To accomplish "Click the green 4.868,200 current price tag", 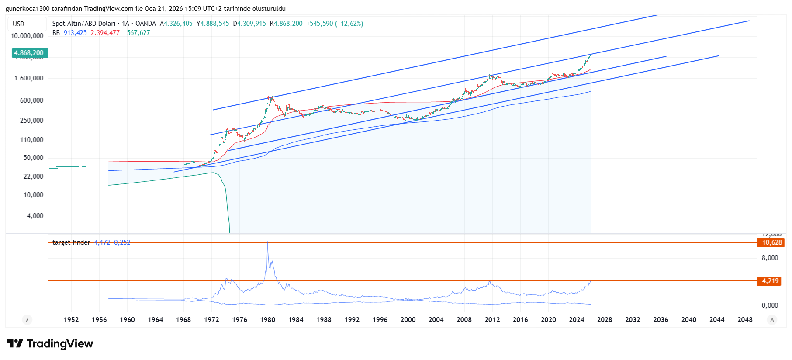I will (x=29, y=53).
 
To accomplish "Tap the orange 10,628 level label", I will (x=771, y=242).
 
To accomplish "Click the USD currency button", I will (x=19, y=24).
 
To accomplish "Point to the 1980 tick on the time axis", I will (x=268, y=320).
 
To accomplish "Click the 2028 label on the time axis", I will (x=605, y=320).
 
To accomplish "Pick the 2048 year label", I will (x=745, y=320).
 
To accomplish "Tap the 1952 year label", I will (x=71, y=320).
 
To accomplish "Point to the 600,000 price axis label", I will (x=31, y=100).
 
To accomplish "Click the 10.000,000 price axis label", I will (x=27, y=36).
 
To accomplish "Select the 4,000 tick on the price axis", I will (x=35, y=216).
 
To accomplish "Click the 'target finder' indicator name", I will (x=71, y=242).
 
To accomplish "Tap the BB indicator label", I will (x=56, y=33).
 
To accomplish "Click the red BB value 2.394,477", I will (x=105, y=33).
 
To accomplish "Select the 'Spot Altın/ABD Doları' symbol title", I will (x=84, y=24).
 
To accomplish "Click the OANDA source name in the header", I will (x=145, y=24).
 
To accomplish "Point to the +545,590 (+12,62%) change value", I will (x=335, y=24).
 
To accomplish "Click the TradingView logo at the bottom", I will (x=50, y=344).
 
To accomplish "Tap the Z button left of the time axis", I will (x=27, y=320).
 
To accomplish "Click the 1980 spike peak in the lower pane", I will (x=268, y=243).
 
